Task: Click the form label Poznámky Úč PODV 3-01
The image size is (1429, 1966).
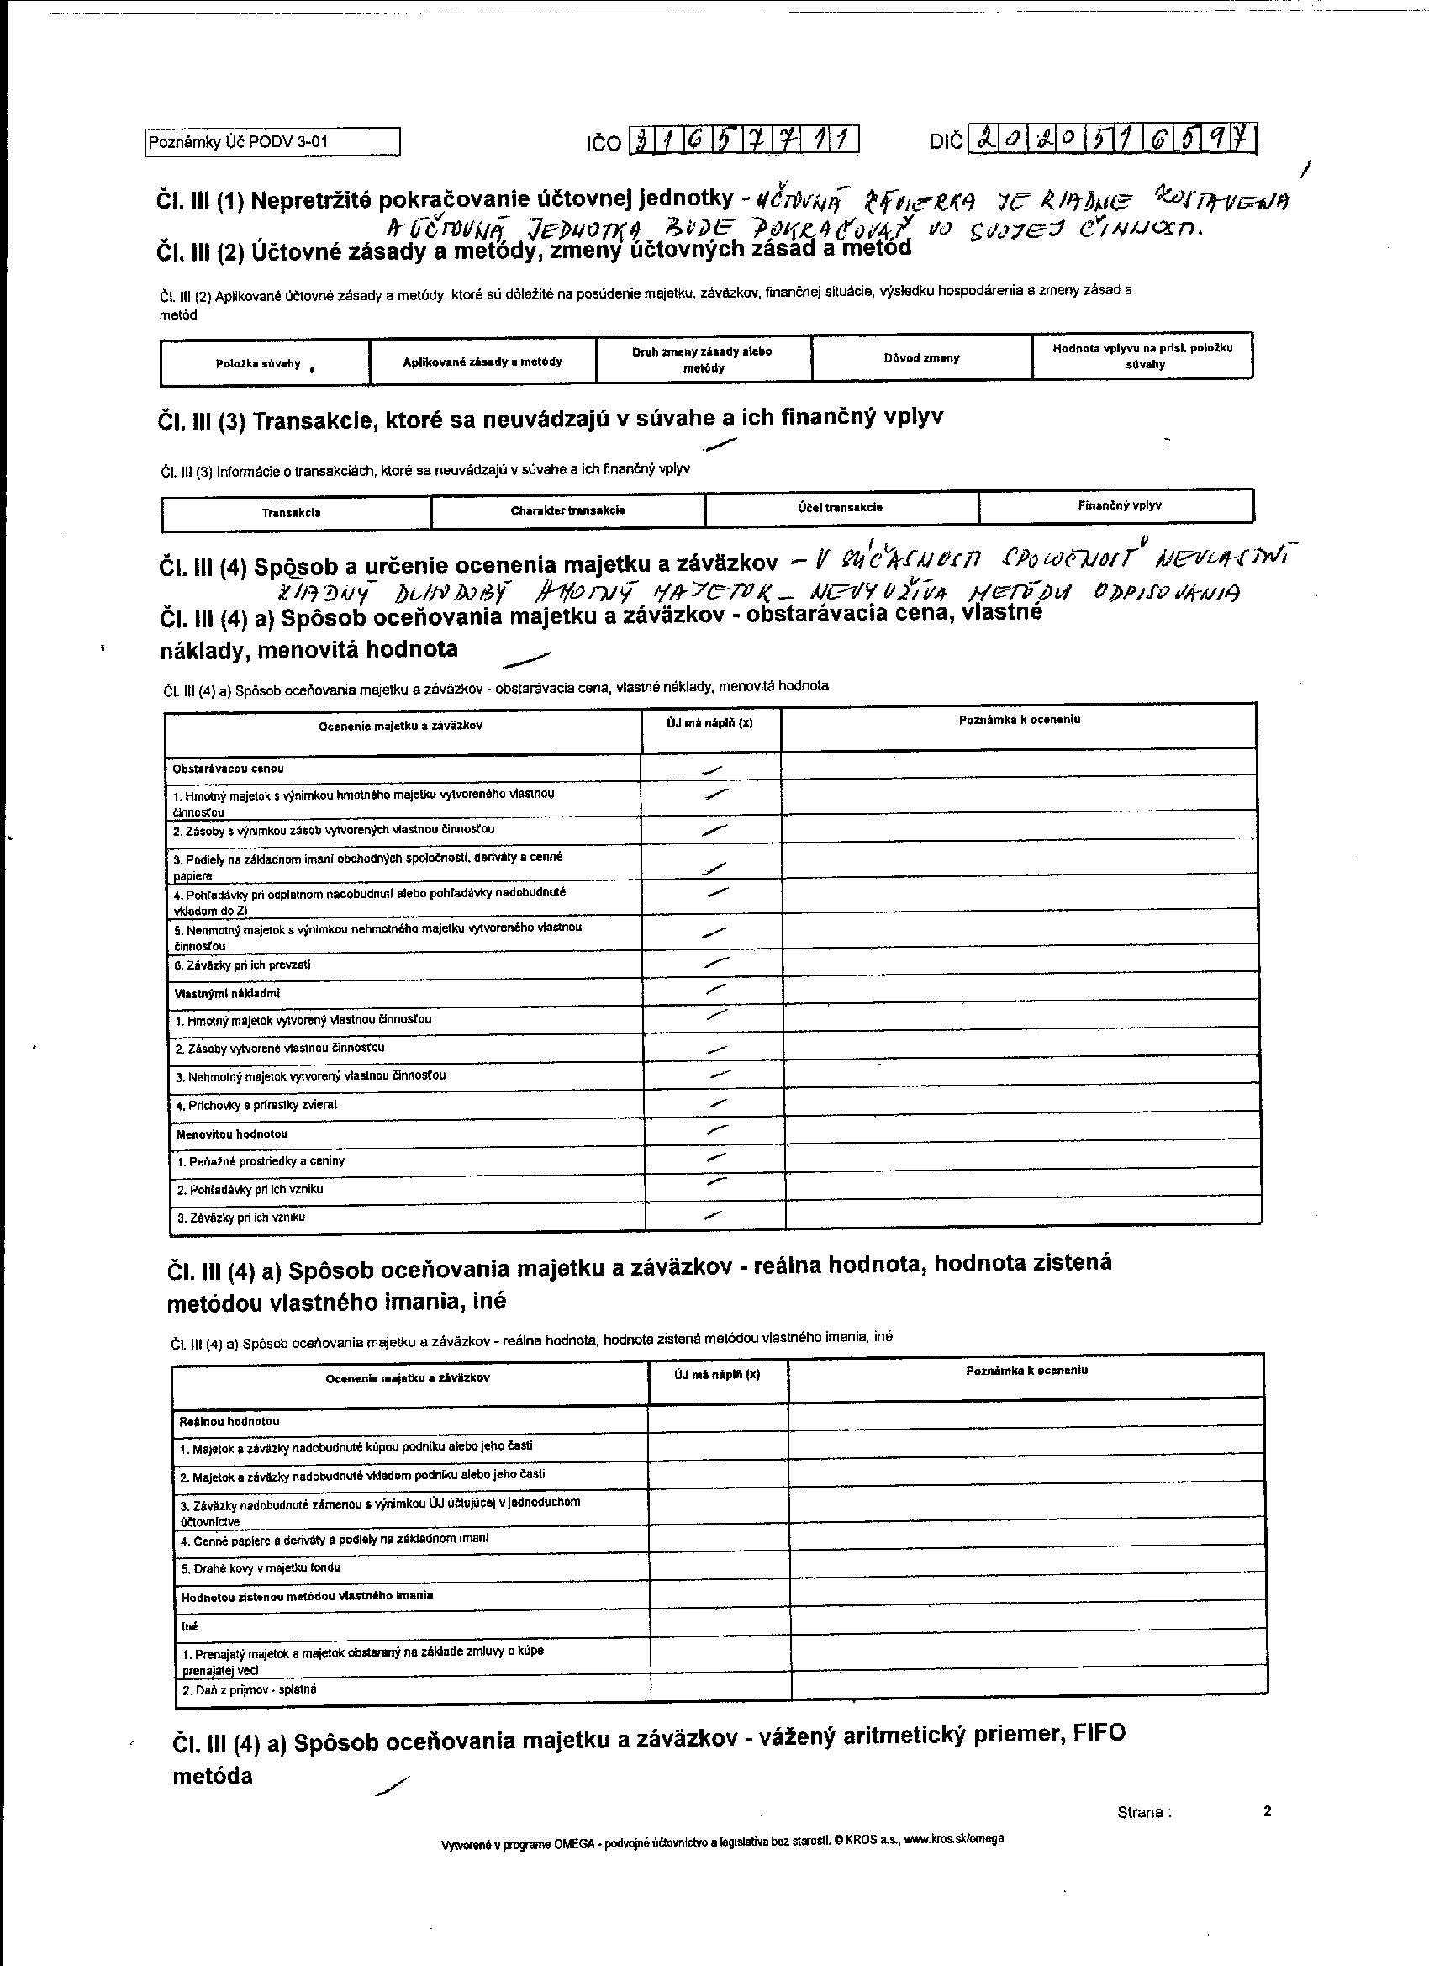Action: coord(240,142)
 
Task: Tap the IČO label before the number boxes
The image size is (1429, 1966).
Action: coord(604,143)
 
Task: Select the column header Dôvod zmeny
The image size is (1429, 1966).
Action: coord(921,358)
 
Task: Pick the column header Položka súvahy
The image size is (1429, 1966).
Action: coord(258,364)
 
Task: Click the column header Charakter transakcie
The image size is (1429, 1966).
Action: coord(567,510)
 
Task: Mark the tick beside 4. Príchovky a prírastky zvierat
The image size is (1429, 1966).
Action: coord(718,1103)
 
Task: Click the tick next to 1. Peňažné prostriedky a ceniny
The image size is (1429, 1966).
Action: coord(718,1158)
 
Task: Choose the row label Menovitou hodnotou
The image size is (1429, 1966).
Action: coord(232,1134)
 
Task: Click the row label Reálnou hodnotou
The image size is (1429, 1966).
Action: coord(229,1422)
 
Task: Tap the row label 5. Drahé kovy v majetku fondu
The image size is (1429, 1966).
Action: coord(260,1568)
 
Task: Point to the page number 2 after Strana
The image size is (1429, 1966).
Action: coord(1267,1810)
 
